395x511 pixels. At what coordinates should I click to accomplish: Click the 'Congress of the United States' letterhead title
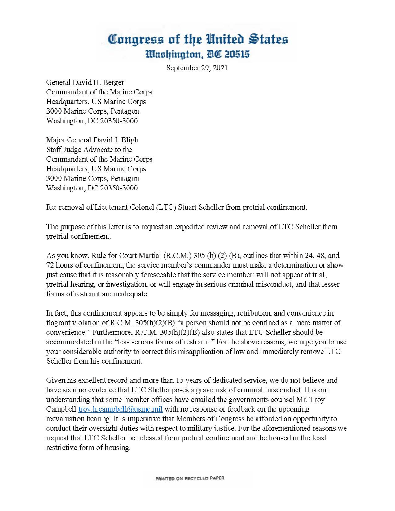[198, 40]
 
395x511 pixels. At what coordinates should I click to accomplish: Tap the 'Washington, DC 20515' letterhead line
[198, 55]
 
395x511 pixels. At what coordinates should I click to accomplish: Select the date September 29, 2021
[197, 68]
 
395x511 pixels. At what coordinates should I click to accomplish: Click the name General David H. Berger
[85, 82]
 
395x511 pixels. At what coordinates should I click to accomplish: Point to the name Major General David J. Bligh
[92, 140]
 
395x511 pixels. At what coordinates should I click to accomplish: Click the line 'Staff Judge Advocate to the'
[89, 150]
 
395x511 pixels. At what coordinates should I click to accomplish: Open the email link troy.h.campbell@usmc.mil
[121, 409]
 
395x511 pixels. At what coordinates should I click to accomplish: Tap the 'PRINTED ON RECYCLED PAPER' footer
[190, 478]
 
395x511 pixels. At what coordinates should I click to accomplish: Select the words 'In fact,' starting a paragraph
[57, 313]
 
